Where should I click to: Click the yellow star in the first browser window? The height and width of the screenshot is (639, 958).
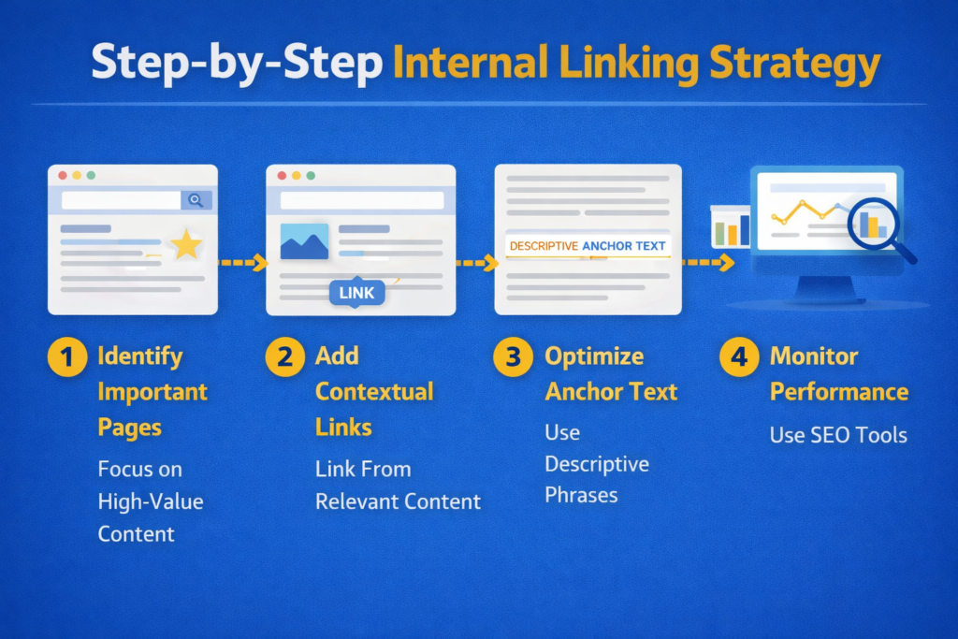pyautogui.click(x=186, y=245)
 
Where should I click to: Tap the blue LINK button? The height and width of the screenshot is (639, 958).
pyautogui.click(x=356, y=293)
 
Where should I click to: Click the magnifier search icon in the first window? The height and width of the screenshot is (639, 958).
pyautogui.click(x=196, y=200)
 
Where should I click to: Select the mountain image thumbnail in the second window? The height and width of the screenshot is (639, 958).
pyautogui.click(x=304, y=241)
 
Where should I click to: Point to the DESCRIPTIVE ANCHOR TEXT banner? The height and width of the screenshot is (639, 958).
pyautogui.click(x=588, y=246)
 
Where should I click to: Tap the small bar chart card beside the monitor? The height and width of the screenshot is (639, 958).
pyautogui.click(x=730, y=227)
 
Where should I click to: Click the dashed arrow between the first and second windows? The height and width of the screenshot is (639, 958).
pyautogui.click(x=241, y=264)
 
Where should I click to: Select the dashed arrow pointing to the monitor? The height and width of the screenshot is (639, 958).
pyautogui.click(x=707, y=264)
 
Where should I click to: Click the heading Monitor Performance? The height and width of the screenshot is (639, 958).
pyautogui.click(x=838, y=374)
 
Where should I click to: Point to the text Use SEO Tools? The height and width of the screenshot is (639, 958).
pyautogui.click(x=838, y=434)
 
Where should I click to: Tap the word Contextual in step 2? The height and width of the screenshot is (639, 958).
pyautogui.click(x=374, y=391)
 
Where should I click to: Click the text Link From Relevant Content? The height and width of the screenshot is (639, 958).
pyautogui.click(x=398, y=485)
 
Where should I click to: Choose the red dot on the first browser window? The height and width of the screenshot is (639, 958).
pyautogui.click(x=63, y=175)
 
